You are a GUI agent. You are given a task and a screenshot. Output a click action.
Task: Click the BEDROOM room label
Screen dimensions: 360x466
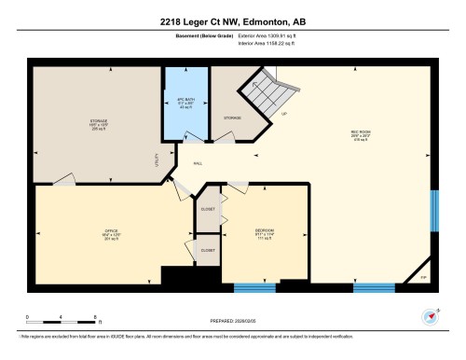coord(264,230)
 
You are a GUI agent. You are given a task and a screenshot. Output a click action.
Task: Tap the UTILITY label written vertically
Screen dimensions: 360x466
coord(156,159)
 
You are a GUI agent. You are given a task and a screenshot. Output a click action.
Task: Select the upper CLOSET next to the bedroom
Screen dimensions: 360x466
coord(208,210)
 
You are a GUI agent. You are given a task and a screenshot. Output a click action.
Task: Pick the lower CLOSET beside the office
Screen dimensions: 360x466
coord(208,250)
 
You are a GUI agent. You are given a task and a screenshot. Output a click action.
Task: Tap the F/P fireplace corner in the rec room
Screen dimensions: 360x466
coord(422,274)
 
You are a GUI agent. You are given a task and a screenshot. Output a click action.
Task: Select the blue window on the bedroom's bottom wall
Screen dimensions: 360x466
coord(254,285)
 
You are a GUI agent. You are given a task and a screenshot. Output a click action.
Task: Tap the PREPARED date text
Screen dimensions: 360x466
coord(232,318)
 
